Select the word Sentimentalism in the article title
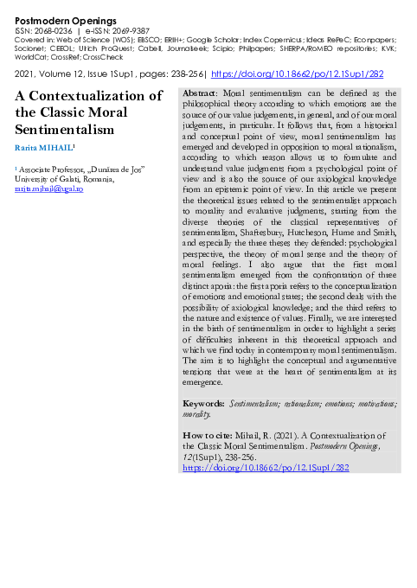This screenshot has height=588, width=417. click(64, 130)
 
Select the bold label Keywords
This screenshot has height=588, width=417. click(204, 404)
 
